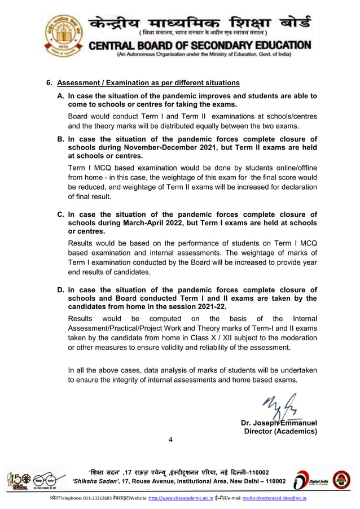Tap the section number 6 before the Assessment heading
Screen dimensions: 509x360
coord(49,83)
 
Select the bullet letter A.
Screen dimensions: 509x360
coord(60,96)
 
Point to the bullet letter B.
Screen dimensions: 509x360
coord(60,139)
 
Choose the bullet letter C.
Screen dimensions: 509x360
coord(60,214)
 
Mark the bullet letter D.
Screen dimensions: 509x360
coord(60,290)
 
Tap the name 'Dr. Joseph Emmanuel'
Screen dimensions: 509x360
coord(279,423)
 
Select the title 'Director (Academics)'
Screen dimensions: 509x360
coord(280,431)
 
